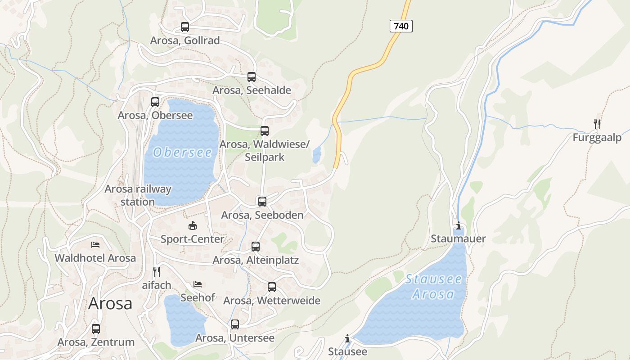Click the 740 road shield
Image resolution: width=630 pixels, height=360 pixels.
pyautogui.click(x=400, y=26)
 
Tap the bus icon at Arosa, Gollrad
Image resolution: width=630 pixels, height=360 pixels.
pyautogui.click(x=185, y=27)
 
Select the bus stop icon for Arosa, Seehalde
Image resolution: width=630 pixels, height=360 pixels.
pyautogui.click(x=252, y=77)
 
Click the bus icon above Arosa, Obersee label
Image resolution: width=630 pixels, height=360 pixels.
pyautogui.click(x=155, y=102)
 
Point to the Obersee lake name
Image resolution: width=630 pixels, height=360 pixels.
pyautogui.click(x=182, y=153)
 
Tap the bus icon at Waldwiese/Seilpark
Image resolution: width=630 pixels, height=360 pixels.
pyautogui.click(x=265, y=131)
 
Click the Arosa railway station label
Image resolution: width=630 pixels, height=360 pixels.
pyautogui.click(x=138, y=195)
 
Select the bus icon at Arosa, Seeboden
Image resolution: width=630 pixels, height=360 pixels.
pyautogui.click(x=262, y=202)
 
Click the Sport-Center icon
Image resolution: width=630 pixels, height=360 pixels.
pyautogui.click(x=193, y=225)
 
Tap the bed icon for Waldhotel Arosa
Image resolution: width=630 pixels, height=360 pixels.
pyautogui.click(x=95, y=245)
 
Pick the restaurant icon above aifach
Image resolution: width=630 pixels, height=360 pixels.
pyautogui.click(x=157, y=271)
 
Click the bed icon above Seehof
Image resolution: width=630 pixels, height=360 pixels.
pyautogui.click(x=198, y=284)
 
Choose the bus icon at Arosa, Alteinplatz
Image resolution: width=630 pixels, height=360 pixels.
pyautogui.click(x=256, y=247)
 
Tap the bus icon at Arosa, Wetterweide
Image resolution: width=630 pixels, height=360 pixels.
pyautogui.click(x=272, y=287)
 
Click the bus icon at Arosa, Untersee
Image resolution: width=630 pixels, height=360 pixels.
pyautogui.click(x=235, y=324)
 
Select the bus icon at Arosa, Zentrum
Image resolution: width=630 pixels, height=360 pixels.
pyautogui.click(x=96, y=329)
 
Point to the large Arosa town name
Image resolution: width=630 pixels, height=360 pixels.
pyautogui.click(x=110, y=303)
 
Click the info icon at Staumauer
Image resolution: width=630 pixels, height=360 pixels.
pyautogui.click(x=459, y=225)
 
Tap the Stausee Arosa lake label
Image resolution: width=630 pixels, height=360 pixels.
pyautogui.click(x=433, y=287)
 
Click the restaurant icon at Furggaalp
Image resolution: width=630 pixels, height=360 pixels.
pyautogui.click(x=597, y=124)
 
